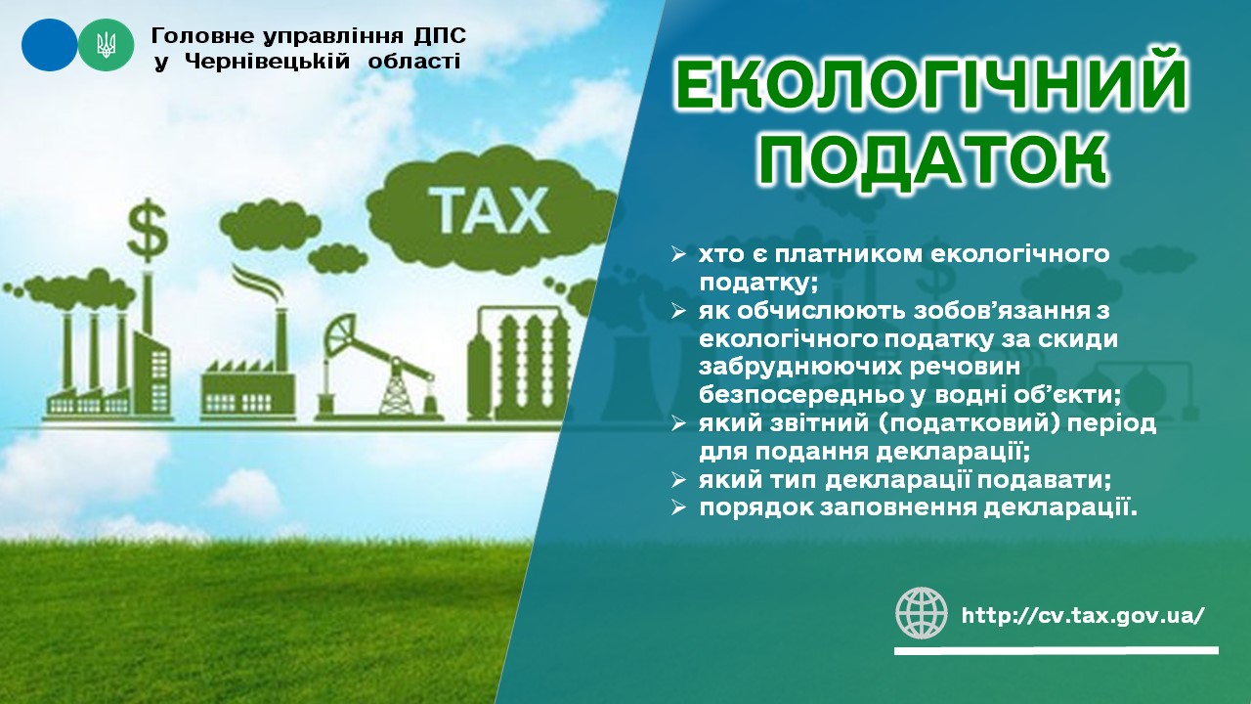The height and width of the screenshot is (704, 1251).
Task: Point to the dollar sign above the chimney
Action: pyautogui.click(x=148, y=230)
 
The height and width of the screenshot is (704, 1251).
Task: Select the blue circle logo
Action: pyautogui.click(x=49, y=45)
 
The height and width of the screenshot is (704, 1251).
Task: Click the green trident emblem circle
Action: pyautogui.click(x=107, y=45)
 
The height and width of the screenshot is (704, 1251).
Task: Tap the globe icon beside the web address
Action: pyautogui.click(x=922, y=613)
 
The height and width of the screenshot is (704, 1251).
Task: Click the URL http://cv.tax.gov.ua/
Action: pyautogui.click(x=1083, y=616)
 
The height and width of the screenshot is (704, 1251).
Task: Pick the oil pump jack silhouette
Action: pyautogui.click(x=380, y=366)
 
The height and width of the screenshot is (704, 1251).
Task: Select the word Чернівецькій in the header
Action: pyautogui.click(x=267, y=61)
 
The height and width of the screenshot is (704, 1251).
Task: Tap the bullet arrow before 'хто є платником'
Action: pyautogui.click(x=678, y=255)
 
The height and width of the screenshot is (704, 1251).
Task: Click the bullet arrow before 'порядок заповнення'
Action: pyautogui.click(x=678, y=507)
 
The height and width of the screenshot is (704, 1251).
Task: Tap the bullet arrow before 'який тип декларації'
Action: pyautogui.click(x=678, y=480)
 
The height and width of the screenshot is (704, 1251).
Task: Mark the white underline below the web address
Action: pyautogui.click(x=1057, y=650)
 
